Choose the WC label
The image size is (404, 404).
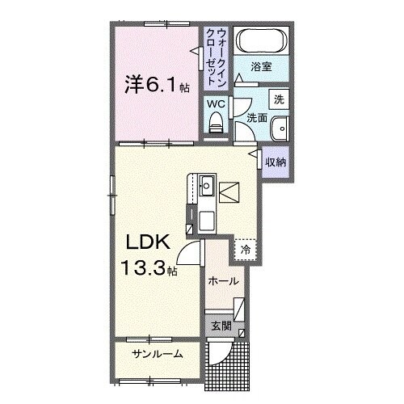(x=215, y=103)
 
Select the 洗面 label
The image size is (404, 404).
(x=256, y=118)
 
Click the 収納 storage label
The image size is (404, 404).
(x=276, y=162)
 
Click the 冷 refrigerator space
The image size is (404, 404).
(x=246, y=250)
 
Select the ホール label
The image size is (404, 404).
(x=223, y=281)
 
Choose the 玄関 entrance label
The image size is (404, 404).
(x=221, y=326)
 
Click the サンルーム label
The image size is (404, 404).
(x=157, y=354)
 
